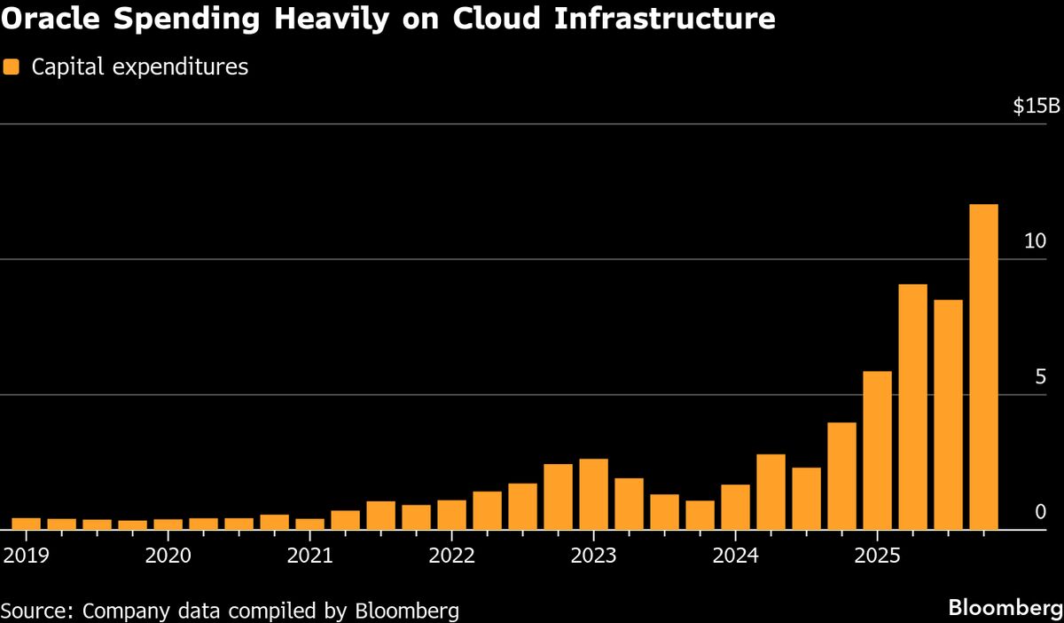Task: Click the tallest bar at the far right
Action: point(983,367)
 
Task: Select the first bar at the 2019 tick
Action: point(26,524)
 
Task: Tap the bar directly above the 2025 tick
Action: point(877,451)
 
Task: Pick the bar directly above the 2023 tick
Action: point(593,494)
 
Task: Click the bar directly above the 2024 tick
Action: point(735,507)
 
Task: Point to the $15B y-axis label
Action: point(1036,107)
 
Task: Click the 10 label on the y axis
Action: point(1034,241)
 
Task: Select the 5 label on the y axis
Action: point(1040,377)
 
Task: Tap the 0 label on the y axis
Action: point(1040,512)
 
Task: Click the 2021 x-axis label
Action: point(309,556)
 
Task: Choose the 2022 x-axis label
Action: point(451,556)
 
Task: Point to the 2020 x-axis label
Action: point(168,556)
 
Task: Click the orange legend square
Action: point(12,67)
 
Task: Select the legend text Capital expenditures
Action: point(140,67)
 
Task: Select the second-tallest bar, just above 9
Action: point(912,406)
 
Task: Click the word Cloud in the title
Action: point(500,18)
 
